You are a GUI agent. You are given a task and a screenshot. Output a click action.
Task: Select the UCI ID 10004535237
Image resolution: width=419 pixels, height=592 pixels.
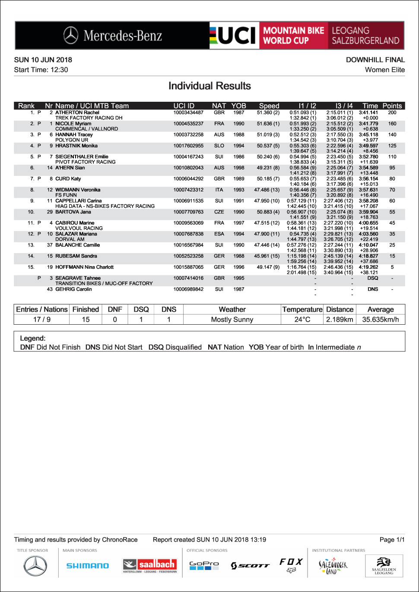coord(188,124)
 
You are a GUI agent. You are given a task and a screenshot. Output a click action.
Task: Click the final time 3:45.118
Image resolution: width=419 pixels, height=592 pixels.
coord(368,135)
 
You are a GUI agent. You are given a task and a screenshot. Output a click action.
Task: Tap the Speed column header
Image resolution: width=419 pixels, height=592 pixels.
coord(269,106)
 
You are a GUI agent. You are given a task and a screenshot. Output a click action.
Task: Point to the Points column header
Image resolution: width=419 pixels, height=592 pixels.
coord(392,106)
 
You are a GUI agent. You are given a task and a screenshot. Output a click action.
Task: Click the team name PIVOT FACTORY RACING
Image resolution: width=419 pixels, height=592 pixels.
coord(86,162)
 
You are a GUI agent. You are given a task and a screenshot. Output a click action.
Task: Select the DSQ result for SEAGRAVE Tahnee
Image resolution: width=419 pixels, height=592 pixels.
coord(373,278)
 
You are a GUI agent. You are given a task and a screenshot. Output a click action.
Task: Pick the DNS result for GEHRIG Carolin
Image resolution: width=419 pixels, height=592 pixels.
coord(373,289)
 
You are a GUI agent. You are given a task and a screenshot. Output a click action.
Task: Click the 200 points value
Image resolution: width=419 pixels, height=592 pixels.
coord(392,113)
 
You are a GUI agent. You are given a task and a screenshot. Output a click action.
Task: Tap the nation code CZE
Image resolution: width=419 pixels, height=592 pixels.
coord(219,212)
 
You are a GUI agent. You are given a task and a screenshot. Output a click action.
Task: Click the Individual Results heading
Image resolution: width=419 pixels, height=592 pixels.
coord(209,86)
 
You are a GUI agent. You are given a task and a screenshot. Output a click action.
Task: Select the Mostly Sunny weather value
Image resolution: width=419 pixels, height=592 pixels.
coord(232,319)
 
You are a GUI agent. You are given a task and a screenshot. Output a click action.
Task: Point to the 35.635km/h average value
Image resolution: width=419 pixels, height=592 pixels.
coord(381,319)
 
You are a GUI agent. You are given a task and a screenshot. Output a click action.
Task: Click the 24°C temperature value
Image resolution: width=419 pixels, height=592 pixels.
coord(302,319)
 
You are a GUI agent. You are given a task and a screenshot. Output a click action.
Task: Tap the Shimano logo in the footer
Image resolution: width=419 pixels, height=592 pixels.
coord(88,566)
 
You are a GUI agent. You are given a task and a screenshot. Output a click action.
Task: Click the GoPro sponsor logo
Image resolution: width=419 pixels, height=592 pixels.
coord(204,565)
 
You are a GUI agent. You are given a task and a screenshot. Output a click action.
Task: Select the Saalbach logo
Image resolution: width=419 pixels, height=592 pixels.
coord(150,565)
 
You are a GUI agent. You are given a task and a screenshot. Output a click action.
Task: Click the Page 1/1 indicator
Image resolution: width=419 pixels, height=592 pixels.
coord(392,540)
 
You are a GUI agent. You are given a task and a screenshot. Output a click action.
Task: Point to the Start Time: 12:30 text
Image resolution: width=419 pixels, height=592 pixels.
coord(41,70)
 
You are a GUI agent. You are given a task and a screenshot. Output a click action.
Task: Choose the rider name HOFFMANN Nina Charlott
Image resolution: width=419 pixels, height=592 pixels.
coord(84,267)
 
